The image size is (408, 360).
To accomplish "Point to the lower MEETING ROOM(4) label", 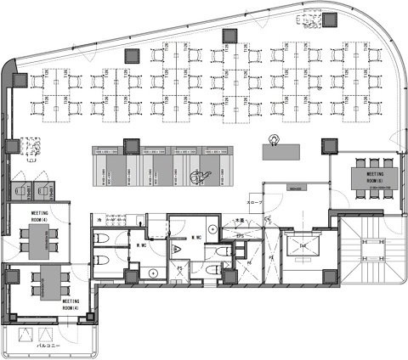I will pyautogui.click(x=71, y=304).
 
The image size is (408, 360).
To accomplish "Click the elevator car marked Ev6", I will pyautogui.click(x=303, y=246).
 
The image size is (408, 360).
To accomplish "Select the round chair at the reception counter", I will pyautogui.click(x=275, y=139).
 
